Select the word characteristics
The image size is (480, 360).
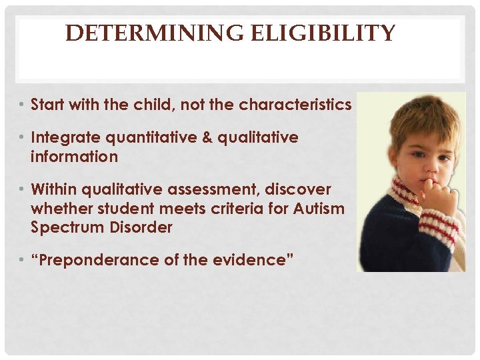coord(295,105)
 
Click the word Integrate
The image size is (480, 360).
coord(65,137)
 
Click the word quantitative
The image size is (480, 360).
coord(156,137)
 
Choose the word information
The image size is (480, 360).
coord(74,157)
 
